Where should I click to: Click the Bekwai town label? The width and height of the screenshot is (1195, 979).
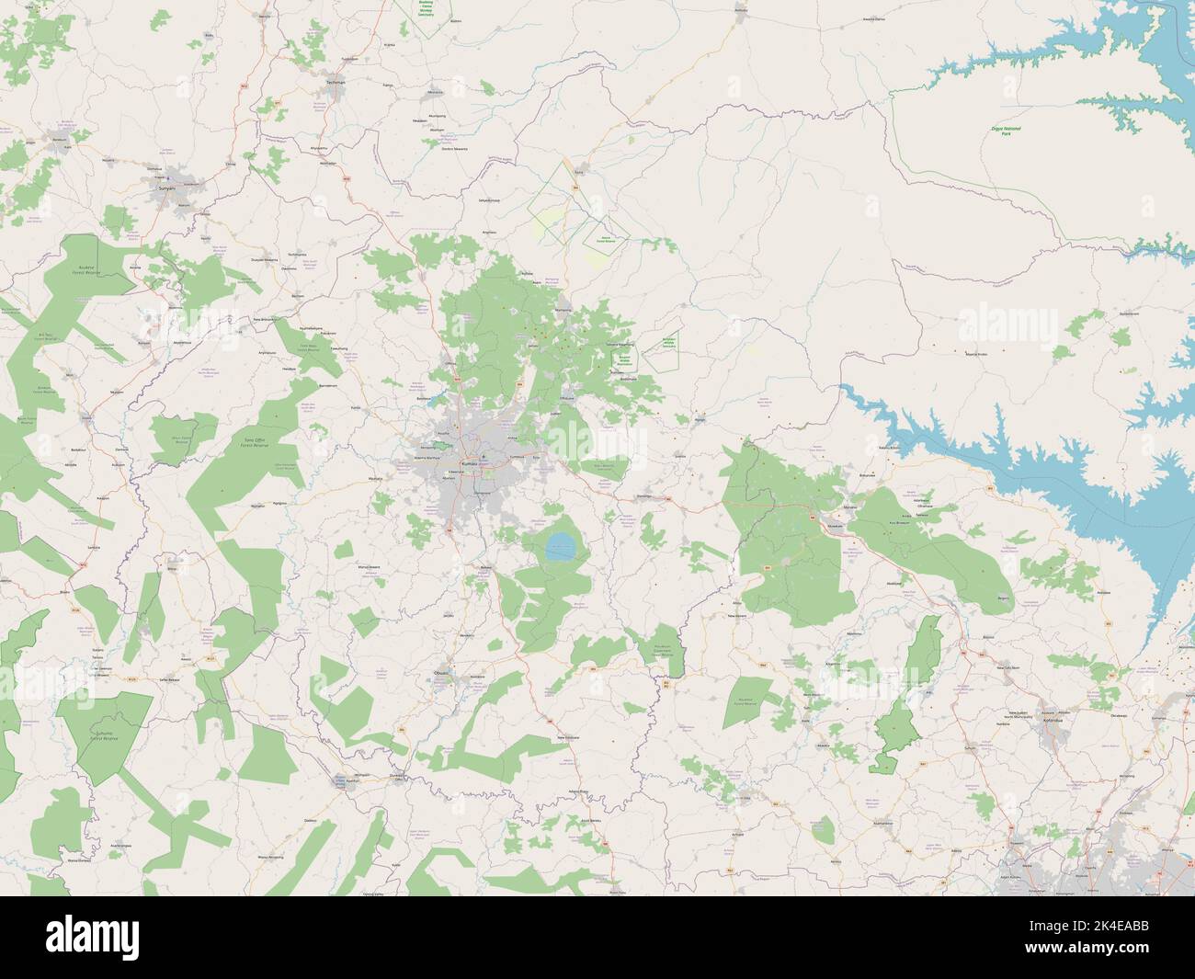[x=487, y=567]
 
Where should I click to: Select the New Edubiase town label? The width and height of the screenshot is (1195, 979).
[x=571, y=737]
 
